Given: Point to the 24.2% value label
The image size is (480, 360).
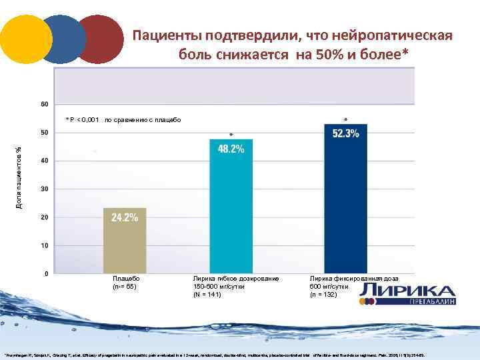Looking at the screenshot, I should (125, 217).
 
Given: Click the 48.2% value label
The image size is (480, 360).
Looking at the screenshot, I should (231, 149).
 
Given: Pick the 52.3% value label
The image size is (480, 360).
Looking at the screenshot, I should (345, 134).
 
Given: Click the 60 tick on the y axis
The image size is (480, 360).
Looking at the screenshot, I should (44, 105).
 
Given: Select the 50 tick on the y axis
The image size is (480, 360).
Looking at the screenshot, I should (44, 133).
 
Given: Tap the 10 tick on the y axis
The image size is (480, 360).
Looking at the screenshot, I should (44, 245).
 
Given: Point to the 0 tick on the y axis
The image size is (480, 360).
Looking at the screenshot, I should (45, 273).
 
